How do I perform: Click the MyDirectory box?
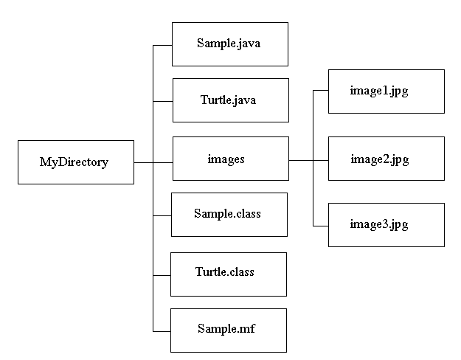tap(76, 162)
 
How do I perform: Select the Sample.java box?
tap(229, 44)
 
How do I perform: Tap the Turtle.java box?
tap(230, 100)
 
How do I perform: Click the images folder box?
tap(230, 158)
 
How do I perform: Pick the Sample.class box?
tap(229, 215)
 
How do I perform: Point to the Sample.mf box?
tap(228, 330)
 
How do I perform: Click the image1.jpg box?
tap(386, 91)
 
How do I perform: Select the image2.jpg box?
tap(386, 159)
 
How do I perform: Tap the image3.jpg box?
tap(386, 224)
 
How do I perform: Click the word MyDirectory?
tap(74, 162)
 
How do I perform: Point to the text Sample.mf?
tap(225, 328)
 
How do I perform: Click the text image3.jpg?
tap(379, 224)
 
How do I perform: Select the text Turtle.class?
tap(225, 272)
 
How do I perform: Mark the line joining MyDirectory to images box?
tap(153, 161)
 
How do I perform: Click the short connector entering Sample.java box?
tap(162, 45)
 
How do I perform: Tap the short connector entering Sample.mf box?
tap(162, 331)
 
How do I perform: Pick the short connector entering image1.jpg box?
tap(320, 90)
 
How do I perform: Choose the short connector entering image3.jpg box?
tap(320, 226)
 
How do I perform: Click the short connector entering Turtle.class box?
tap(162, 274)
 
